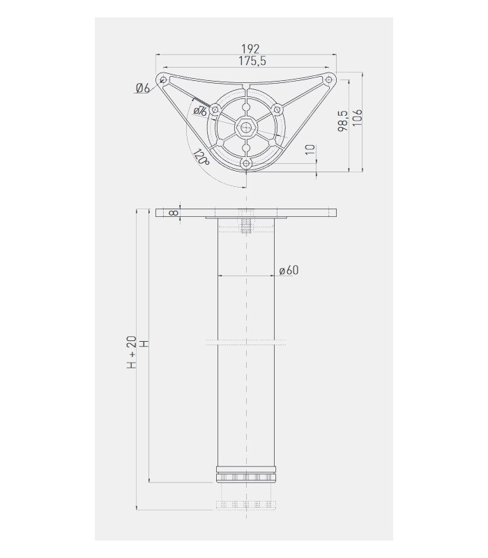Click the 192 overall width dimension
tap(250, 48)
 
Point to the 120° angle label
tap(201, 157)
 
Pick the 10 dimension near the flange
tap(310, 151)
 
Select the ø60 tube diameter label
tap(288, 271)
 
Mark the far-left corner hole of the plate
tap(163, 80)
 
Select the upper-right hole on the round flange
tap(276, 109)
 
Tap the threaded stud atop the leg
tap(246, 226)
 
